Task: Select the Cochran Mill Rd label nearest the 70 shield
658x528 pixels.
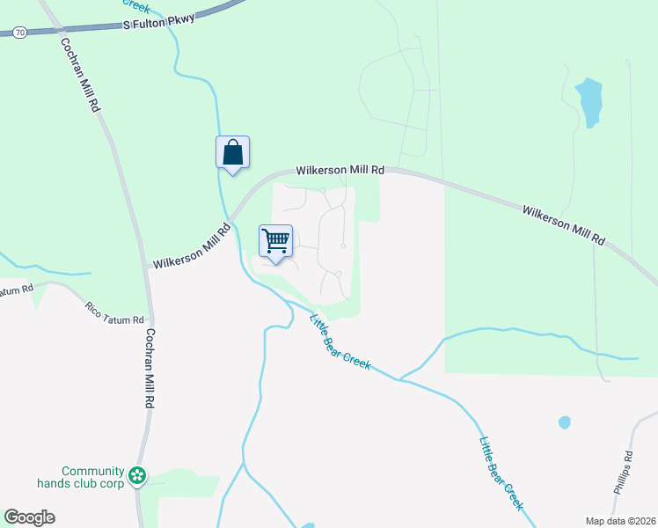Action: point(80,75)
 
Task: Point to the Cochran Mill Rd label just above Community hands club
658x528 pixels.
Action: point(150,368)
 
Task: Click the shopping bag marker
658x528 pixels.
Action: point(232,153)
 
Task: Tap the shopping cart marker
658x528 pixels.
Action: point(276,241)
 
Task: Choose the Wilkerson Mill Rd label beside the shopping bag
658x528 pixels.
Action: point(340,169)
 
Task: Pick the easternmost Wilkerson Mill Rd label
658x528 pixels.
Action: point(565,225)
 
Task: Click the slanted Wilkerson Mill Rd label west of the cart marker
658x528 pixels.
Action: point(191,246)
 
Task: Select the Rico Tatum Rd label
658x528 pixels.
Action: point(114,313)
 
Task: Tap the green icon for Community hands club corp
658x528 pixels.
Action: point(136,476)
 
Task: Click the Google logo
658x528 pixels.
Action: point(29,517)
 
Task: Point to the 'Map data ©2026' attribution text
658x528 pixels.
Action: point(620,521)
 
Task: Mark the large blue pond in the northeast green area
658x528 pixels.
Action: point(589,101)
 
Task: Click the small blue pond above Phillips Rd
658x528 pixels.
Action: point(564,422)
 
